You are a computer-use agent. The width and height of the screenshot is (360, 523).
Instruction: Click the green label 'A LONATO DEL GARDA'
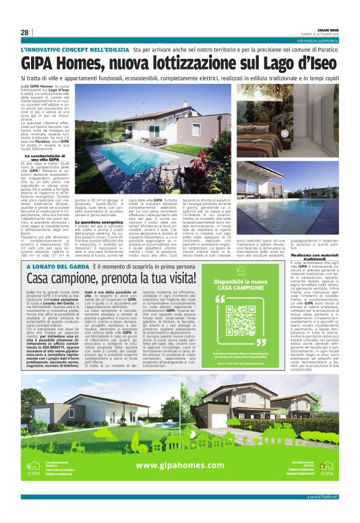[x=58, y=265]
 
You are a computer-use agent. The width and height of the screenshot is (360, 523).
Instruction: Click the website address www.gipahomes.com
[x=180, y=465]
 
